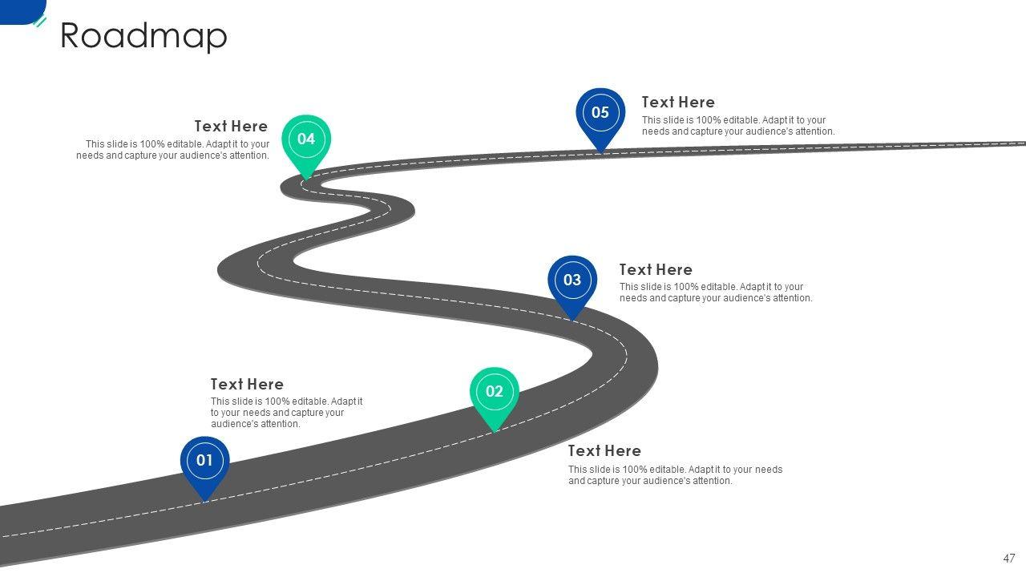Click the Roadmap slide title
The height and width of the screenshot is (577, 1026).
click(x=144, y=36)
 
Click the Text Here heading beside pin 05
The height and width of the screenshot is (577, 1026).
click(x=678, y=103)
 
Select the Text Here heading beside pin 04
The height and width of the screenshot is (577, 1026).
click(x=231, y=127)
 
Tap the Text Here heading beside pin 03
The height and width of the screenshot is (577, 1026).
click(x=656, y=270)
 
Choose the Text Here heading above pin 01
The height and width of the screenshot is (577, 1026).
click(x=247, y=385)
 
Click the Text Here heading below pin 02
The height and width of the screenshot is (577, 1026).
click(x=604, y=451)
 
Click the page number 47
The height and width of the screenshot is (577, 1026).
click(x=1009, y=559)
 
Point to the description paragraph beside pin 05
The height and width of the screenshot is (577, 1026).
click(x=738, y=126)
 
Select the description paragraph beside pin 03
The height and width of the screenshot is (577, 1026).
click(x=716, y=293)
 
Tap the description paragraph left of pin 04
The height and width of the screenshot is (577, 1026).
click(x=173, y=150)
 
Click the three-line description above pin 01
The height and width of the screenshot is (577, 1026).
click(x=287, y=413)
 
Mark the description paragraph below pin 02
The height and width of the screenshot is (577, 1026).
click(x=676, y=475)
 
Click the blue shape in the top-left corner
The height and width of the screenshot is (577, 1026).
click(x=20, y=10)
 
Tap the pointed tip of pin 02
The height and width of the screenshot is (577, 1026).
click(x=495, y=431)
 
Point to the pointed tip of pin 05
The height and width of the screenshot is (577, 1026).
click(x=600, y=151)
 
